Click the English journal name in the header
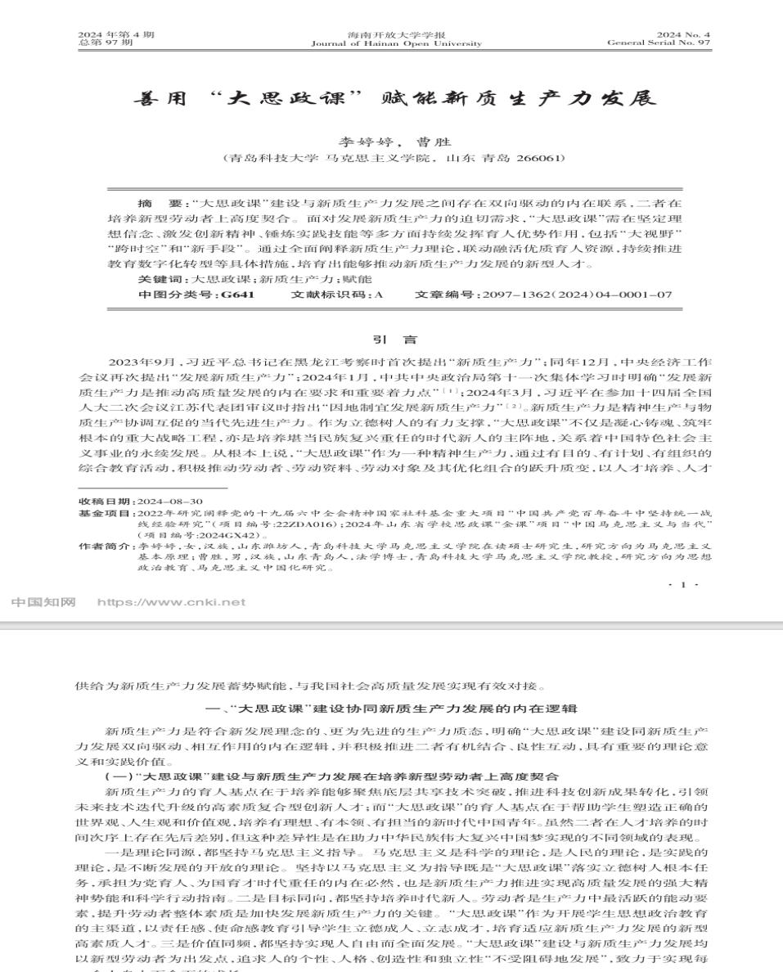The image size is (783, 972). pos(396,43)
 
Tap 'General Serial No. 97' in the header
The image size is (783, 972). pos(659,43)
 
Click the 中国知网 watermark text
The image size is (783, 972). pos(43,603)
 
